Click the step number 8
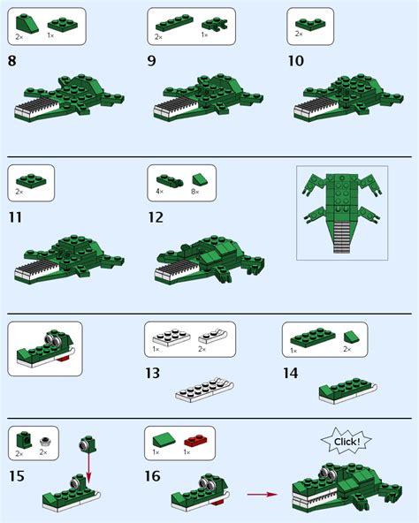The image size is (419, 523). coord(12,61)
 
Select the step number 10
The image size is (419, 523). coord(296,61)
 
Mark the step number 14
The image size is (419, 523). coord(291,374)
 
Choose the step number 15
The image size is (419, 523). coord(15,478)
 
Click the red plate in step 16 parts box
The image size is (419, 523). coord(194,438)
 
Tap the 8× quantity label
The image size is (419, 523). coord(196,192)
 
